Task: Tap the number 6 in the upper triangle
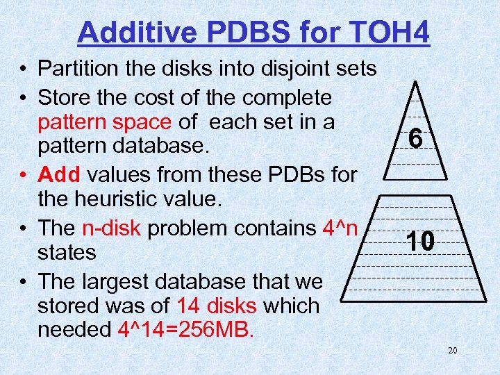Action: point(415,140)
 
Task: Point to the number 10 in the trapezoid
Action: point(421,242)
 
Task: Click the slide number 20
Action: point(452,351)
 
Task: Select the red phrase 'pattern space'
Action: point(104,122)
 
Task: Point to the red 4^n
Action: point(341,227)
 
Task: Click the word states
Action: point(67,252)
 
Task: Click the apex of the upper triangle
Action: point(415,83)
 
